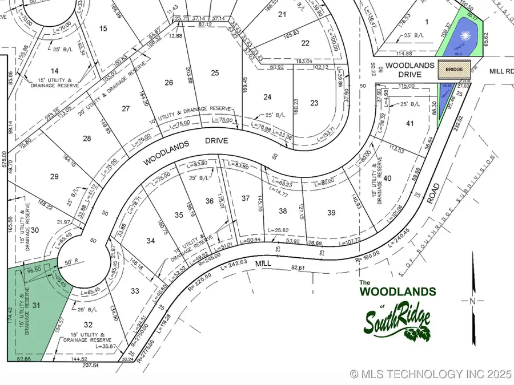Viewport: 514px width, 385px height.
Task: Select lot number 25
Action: tap(215, 72)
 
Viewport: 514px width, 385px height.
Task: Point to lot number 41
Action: tap(409, 123)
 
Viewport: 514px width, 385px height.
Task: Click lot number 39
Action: tap(331, 213)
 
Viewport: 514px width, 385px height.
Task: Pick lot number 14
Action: tap(55, 71)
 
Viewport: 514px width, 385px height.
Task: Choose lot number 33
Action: tap(135, 291)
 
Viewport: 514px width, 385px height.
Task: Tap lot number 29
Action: tap(54, 176)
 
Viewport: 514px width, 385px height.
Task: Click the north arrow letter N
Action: tap(472, 301)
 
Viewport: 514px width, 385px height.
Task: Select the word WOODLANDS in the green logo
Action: tap(397, 291)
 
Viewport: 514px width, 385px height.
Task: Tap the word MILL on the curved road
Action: tap(263, 264)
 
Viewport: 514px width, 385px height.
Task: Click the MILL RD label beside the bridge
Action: tap(501, 72)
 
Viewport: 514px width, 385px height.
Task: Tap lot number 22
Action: tap(306, 43)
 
